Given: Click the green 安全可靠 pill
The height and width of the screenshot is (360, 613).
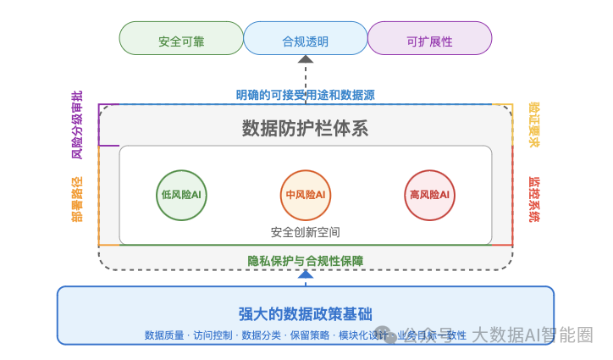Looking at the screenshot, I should [180, 39].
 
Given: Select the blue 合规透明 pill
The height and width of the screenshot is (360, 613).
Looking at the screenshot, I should [305, 39].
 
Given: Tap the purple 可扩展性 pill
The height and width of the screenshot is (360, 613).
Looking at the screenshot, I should [429, 39].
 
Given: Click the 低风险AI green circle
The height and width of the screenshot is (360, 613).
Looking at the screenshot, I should [181, 195].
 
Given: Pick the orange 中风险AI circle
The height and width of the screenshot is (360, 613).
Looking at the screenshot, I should [306, 195].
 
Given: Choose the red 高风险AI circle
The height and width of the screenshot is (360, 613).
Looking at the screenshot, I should [429, 195].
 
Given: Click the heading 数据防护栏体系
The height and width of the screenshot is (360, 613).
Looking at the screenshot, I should [305, 129].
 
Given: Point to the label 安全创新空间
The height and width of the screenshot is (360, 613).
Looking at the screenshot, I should [306, 231].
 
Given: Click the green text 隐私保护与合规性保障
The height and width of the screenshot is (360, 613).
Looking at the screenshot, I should [306, 261].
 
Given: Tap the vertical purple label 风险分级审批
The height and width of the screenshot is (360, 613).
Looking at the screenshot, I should [77, 125].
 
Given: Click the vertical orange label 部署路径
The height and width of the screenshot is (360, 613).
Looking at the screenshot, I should [77, 199].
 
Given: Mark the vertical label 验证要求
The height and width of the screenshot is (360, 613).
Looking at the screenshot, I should [533, 125].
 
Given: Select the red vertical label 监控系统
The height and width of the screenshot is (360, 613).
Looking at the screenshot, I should [533, 199].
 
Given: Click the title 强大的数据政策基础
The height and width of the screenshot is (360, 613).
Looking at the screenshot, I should [305, 313].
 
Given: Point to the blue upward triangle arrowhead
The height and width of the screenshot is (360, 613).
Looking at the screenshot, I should [306, 274].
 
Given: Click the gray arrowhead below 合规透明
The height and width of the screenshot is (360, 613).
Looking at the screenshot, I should [306, 60].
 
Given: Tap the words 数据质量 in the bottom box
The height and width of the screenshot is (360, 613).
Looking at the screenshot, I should [165, 335].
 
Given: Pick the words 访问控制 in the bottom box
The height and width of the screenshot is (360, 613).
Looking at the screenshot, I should [213, 335].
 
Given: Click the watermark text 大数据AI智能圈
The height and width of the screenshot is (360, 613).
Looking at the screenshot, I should [532, 335].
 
